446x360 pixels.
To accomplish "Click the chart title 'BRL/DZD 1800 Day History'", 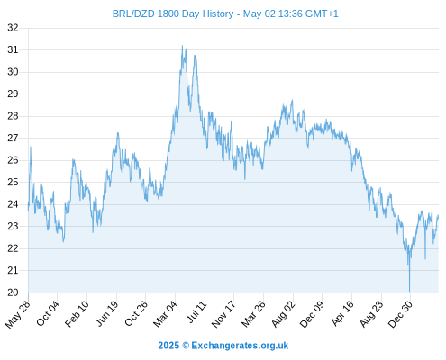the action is pos(173,13).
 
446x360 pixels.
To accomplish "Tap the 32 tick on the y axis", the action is pos(13,28).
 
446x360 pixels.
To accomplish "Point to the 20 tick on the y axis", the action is pos(13,292).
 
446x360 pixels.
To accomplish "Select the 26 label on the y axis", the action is pos(13,160).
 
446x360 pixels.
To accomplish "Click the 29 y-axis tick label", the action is pos(13,94).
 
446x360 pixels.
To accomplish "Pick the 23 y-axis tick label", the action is pos(13,226).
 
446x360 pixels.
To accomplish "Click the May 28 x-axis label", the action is pos(18,314).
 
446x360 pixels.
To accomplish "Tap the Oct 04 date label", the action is pos(48,313).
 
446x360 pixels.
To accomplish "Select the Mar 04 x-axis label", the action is pos(166,314).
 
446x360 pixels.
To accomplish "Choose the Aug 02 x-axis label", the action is pos(284,314).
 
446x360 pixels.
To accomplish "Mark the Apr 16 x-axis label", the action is pos(342,313).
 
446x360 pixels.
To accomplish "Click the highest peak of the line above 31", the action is pos(182,46).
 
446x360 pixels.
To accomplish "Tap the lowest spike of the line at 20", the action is pos(409,291).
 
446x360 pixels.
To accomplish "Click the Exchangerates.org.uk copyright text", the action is pos(223,346).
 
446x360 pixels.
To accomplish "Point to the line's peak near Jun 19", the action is pos(118,133).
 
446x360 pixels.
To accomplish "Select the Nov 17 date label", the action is pos(223,314).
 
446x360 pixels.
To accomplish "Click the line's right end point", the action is pos(438,215).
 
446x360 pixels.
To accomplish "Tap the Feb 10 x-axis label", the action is pos(77,314).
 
